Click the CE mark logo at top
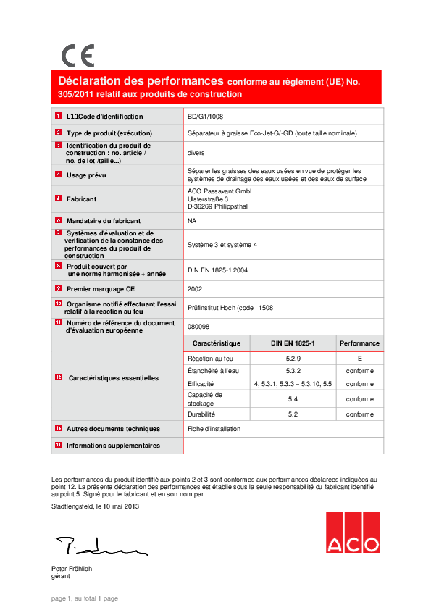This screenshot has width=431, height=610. pyautogui.click(x=78, y=56)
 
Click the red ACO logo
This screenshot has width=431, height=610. pyautogui.click(x=352, y=533)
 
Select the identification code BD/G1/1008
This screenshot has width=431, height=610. pyautogui.click(x=205, y=116)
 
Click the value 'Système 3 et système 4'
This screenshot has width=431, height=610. pyautogui.click(x=222, y=246)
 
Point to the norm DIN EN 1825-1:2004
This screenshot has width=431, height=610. pyautogui.click(x=217, y=270)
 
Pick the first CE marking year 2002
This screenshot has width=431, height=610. pyautogui.click(x=194, y=288)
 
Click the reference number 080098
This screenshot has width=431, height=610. pyautogui.click(x=198, y=326)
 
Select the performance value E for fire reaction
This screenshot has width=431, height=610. pyautogui.click(x=359, y=359)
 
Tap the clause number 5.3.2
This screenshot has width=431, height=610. pyautogui.click(x=293, y=371)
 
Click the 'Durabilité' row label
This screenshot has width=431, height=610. pyautogui.click(x=201, y=414)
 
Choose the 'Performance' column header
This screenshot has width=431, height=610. pyautogui.click(x=359, y=343)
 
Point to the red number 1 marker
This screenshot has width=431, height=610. pyautogui.click(x=58, y=116)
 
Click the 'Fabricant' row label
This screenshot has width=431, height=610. pyautogui.click(x=82, y=198)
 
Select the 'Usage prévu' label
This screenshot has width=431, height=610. pyautogui.click(x=86, y=175)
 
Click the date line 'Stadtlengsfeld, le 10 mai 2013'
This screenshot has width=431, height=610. pyautogui.click(x=95, y=506)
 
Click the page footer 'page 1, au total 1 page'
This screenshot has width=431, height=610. pyautogui.click(x=84, y=598)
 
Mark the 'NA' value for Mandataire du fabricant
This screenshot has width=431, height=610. pyautogui.click(x=191, y=220)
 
